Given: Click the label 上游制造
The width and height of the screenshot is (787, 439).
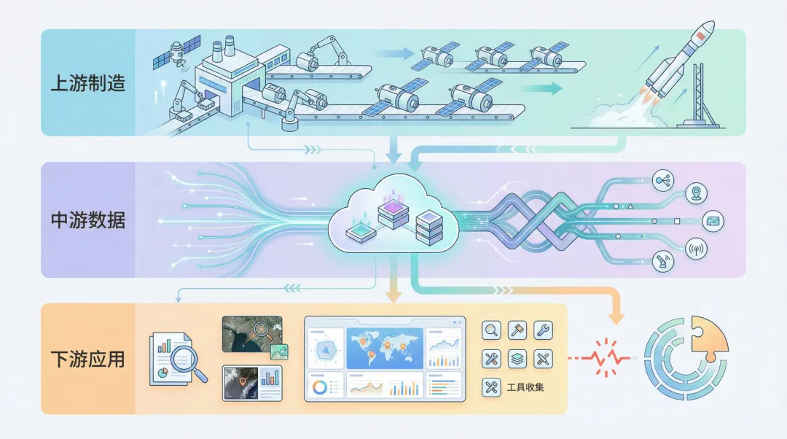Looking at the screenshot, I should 87,82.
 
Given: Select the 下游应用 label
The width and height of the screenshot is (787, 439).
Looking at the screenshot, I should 87,359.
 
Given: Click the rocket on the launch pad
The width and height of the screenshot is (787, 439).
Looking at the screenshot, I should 670,62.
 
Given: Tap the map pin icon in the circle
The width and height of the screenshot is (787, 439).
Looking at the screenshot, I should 697,193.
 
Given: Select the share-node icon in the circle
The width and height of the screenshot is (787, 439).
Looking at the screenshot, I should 664,179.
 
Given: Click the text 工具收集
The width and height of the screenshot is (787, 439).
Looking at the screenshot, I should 525,387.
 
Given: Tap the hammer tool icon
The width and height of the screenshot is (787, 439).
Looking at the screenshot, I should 517,330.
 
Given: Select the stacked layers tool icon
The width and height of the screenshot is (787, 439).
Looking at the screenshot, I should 517,358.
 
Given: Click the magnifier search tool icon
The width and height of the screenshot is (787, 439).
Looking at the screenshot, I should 491,330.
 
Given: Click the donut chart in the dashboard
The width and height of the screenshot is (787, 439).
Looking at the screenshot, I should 319,386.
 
